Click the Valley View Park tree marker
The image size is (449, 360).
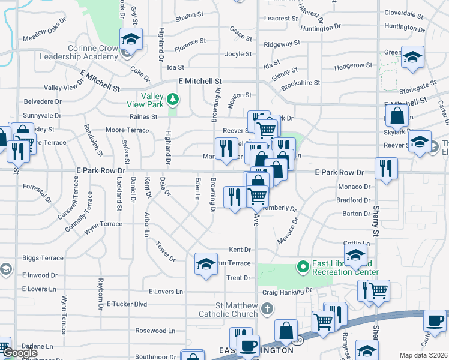[173, 98]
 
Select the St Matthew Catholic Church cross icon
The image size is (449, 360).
[268, 308]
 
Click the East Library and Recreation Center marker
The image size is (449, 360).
[304, 266]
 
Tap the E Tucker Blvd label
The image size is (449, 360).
[127, 304]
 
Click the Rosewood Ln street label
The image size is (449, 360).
[155, 331]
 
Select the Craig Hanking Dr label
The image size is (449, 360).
[288, 292]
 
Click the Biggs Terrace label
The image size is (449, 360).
[43, 258]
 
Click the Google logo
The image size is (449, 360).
[20, 353]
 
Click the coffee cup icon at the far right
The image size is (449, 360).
[435, 320]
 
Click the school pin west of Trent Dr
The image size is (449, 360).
[206, 264]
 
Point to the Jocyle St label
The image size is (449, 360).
[238, 53]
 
